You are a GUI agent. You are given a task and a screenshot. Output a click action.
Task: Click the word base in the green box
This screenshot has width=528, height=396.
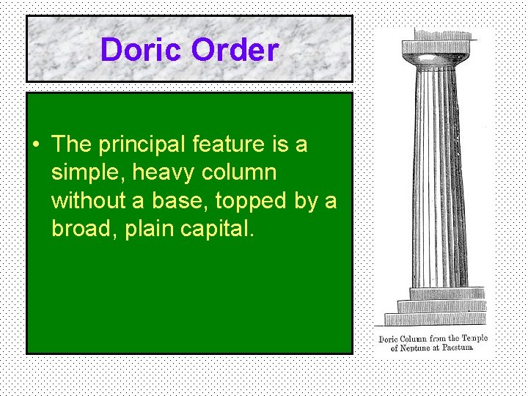(176, 200)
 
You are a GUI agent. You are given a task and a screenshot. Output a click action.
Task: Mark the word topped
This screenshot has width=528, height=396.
(253, 201)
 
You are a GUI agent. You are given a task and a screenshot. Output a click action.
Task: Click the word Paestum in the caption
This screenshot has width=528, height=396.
(455, 348)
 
